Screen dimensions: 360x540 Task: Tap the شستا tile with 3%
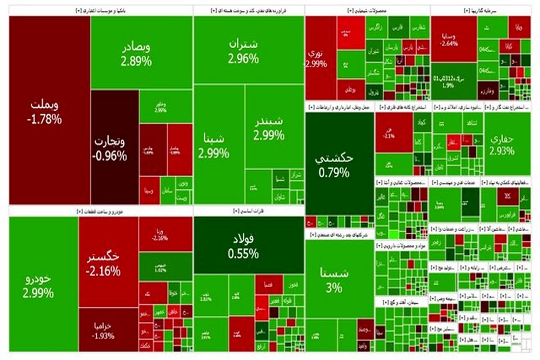pos(334,279)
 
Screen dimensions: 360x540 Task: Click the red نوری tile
pos(320,58)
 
